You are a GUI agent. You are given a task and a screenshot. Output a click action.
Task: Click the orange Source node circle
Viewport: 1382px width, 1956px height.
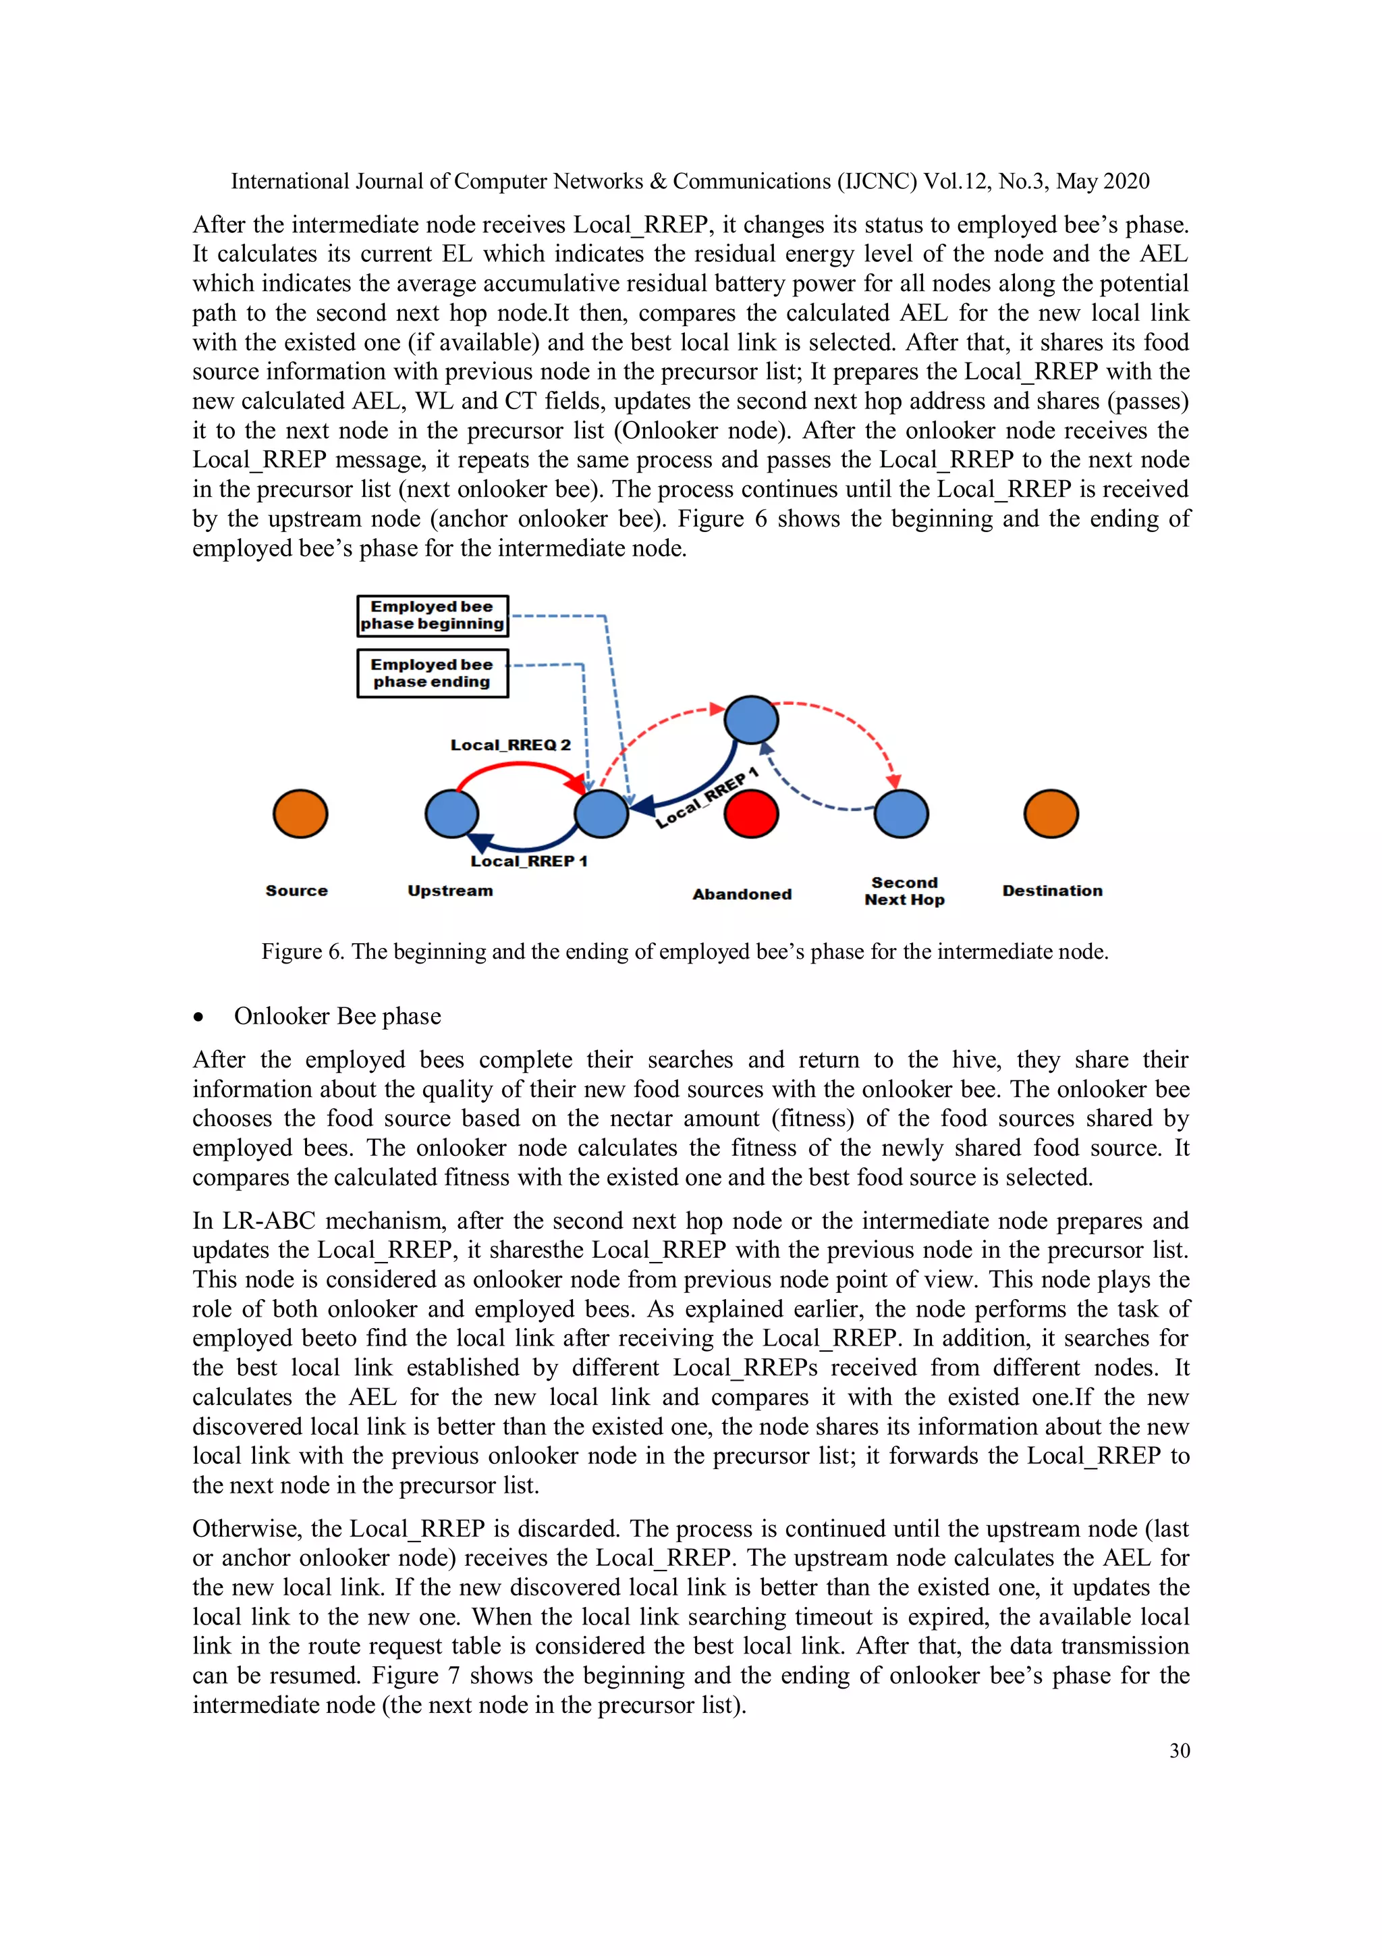click(300, 814)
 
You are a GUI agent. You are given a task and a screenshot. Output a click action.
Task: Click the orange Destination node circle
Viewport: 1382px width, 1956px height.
click(1051, 814)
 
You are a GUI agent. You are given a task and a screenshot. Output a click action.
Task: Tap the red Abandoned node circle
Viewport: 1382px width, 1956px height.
click(750, 814)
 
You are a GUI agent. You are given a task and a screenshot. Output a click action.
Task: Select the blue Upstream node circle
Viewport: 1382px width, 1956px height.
click(451, 814)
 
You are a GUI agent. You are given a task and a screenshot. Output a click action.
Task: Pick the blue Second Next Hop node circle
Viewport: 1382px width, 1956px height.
click(901, 814)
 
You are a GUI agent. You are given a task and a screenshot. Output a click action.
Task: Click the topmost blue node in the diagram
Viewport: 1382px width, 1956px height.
click(750, 720)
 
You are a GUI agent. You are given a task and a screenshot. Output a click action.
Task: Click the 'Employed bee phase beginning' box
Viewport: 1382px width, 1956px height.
click(432, 615)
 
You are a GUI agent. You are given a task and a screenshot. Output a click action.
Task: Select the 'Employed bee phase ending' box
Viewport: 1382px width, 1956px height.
click(432, 673)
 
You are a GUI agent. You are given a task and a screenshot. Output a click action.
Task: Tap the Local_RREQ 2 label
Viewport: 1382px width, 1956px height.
click(510, 745)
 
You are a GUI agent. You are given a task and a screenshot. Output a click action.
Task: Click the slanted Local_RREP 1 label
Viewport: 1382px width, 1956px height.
click(707, 798)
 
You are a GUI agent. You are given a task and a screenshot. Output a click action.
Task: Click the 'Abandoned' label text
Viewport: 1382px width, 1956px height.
click(742, 894)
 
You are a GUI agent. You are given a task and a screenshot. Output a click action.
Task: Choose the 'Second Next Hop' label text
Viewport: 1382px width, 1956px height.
click(904, 891)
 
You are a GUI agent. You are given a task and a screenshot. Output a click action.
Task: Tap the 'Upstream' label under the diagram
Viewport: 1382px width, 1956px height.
click(449, 891)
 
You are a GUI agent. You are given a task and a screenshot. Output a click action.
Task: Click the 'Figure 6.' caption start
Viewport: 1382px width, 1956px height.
click(302, 951)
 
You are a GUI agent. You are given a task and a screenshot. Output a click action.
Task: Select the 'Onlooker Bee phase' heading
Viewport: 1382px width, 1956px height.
click(337, 1015)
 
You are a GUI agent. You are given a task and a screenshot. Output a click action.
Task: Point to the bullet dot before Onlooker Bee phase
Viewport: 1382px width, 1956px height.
click(198, 1016)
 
